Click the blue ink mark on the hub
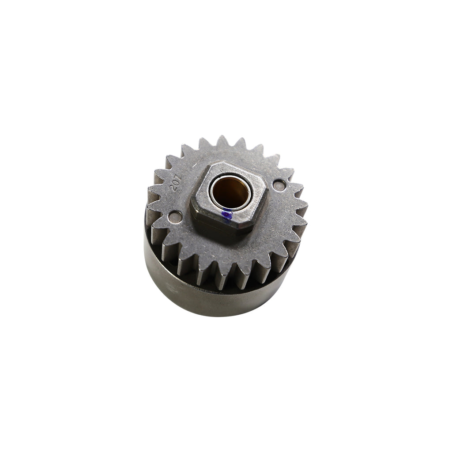(226, 215)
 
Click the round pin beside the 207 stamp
(176, 217)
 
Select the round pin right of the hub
(279, 185)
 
